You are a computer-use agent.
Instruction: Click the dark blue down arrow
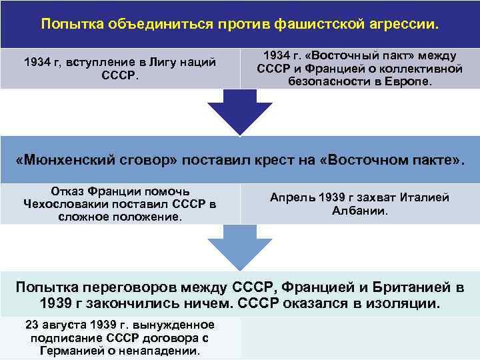point(239,110)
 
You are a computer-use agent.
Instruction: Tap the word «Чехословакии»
point(67,204)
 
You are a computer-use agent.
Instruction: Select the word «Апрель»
point(290,197)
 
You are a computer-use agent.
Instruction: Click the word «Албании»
point(360,211)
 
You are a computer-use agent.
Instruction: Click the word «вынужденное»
point(180,325)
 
